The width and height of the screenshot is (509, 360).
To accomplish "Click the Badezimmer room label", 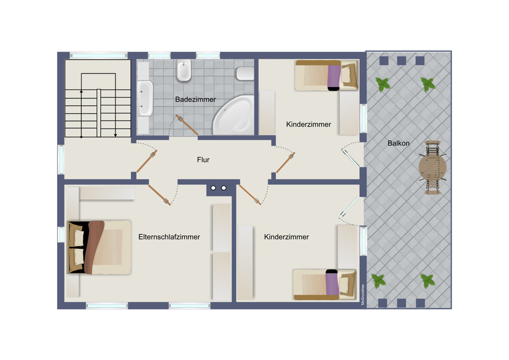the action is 195,99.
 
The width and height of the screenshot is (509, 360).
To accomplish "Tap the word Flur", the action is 203,160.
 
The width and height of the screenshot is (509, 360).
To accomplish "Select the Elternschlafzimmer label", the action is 169,237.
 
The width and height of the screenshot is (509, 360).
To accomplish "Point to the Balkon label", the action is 399,143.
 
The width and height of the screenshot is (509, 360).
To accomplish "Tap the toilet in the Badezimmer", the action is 245,73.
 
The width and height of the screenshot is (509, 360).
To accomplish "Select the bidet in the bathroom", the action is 184,70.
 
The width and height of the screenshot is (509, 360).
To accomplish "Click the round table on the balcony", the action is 432,168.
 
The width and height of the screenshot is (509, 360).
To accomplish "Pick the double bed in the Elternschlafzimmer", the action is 99,247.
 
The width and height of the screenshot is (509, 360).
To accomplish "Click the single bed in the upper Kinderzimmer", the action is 327,75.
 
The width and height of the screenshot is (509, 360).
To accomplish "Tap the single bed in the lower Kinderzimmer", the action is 325,285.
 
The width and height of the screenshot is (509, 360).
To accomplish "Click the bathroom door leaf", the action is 187,125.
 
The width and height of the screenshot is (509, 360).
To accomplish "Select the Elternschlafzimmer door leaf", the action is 159,195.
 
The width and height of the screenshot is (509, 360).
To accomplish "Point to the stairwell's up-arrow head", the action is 81,92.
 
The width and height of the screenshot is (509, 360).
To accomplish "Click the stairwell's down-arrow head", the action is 115,135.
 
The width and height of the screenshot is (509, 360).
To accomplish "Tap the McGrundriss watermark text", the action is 362,294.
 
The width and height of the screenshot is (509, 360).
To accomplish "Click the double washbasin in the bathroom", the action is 145,98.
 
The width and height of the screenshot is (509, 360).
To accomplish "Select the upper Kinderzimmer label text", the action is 308,124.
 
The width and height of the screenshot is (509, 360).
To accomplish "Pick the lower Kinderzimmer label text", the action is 286,237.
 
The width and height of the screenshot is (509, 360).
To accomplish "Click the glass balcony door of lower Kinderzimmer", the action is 349,207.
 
